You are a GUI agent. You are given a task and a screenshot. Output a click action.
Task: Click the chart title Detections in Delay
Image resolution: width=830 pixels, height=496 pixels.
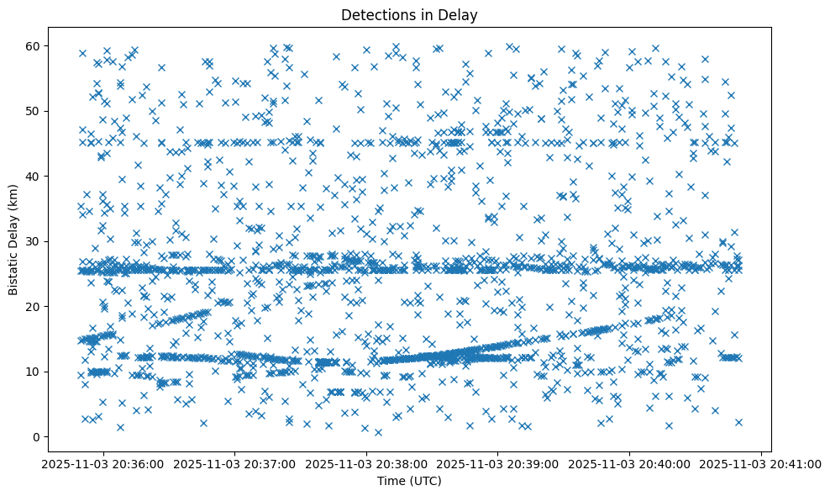click(x=410, y=14)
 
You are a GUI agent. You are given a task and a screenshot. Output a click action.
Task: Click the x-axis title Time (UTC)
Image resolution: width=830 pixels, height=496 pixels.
click(x=410, y=482)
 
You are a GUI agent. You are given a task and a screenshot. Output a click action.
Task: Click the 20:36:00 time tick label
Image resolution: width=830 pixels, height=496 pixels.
click(x=103, y=464)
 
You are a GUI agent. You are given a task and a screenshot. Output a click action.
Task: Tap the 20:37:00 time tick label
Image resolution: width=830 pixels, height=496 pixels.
click(x=235, y=464)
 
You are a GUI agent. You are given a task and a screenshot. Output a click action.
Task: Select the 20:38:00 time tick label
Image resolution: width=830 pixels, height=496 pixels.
click(x=366, y=464)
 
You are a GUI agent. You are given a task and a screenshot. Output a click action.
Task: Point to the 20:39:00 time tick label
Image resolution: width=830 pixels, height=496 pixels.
click(x=498, y=464)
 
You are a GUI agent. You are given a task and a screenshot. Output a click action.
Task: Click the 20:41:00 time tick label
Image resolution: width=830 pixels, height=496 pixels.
click(x=761, y=464)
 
